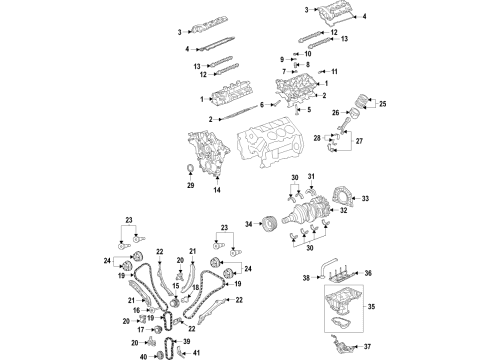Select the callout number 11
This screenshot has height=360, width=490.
[336, 72]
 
